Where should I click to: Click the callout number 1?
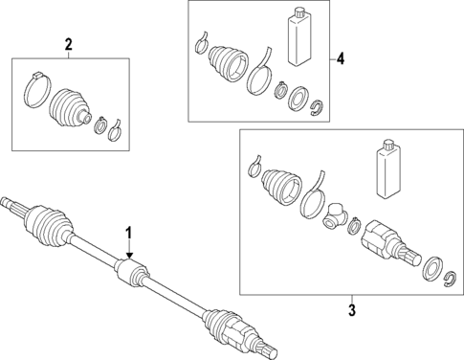coord(128,234)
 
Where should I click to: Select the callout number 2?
coord(67,44)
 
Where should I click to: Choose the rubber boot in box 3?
coord(281,186)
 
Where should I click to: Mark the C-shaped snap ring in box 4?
coord(318,104)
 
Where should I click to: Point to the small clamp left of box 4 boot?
coord(201,41)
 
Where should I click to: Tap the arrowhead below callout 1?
coord(128,252)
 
